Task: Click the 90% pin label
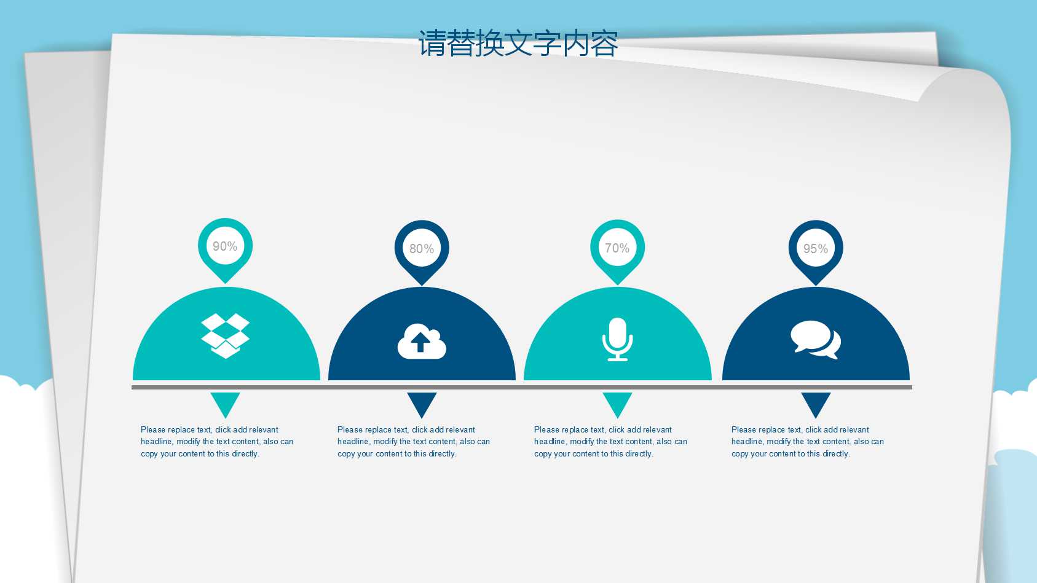[225, 246]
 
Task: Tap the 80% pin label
[422, 249]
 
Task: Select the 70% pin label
[617, 248]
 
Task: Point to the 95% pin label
[816, 249]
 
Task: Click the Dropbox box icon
[226, 335]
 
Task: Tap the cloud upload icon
[422, 342]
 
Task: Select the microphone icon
[617, 338]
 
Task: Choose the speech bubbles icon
[816, 339]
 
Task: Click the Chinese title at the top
[518, 44]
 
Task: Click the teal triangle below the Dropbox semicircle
[225, 403]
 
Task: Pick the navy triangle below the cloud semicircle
[422, 403]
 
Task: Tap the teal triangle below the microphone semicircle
[617, 403]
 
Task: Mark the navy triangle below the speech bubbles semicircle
[816, 403]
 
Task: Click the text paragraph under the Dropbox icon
[217, 442]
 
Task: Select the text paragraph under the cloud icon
[414, 442]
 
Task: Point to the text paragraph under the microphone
[610, 442]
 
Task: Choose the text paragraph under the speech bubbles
[808, 442]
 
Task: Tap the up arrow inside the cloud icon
[420, 342]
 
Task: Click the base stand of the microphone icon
[617, 358]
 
